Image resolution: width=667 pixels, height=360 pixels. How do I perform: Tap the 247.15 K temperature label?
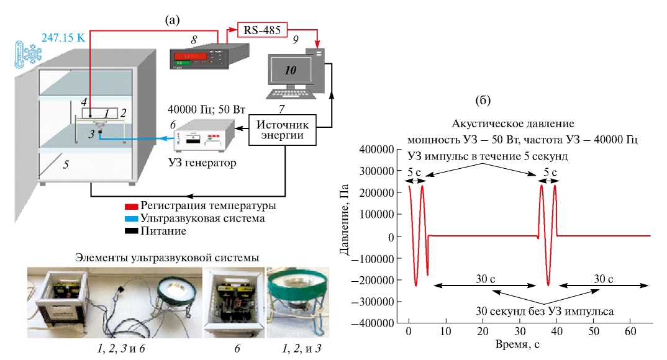click(x=64, y=37)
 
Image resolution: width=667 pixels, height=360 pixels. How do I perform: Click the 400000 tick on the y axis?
click(x=378, y=150)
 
